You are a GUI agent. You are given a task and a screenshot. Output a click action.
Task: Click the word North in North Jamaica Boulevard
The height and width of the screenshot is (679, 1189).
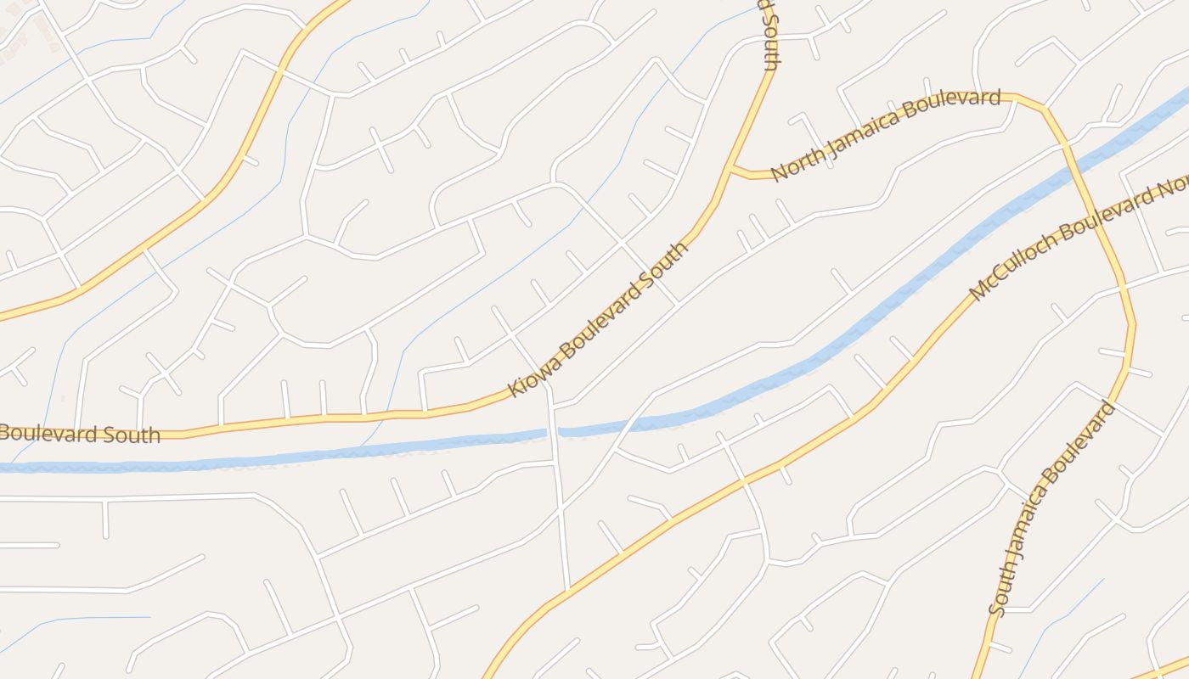(797, 166)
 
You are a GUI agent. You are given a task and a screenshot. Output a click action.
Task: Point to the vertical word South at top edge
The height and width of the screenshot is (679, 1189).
(769, 34)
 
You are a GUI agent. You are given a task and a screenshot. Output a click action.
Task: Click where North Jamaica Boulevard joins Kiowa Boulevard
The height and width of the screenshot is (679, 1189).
(730, 168)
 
